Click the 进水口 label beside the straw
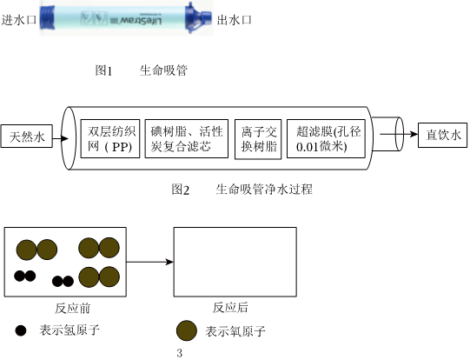[19, 20]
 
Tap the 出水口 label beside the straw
[234, 20]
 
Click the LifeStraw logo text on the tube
[141, 21]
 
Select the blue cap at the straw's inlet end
[48, 17]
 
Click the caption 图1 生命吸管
[142, 70]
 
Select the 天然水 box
[27, 137]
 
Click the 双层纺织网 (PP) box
[110, 138]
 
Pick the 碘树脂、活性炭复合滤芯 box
[187, 138]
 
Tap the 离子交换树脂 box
[258, 139]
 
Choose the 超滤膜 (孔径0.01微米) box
[326, 138]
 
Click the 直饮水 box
[443, 135]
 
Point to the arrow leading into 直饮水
[399, 134]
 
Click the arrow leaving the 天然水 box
[61, 138]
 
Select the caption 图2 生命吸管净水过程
[242, 190]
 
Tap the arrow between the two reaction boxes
[150, 262]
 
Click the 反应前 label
[72, 308]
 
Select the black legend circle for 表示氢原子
[21, 330]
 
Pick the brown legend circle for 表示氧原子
[187, 330]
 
